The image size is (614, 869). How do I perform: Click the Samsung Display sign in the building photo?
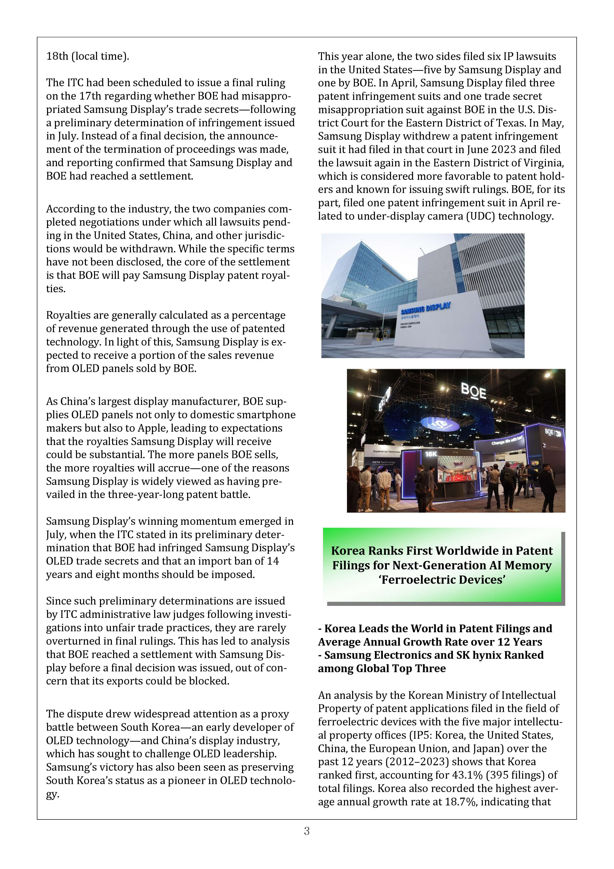pyautogui.click(x=426, y=309)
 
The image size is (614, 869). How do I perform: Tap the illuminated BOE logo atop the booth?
pyautogui.click(x=473, y=391)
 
